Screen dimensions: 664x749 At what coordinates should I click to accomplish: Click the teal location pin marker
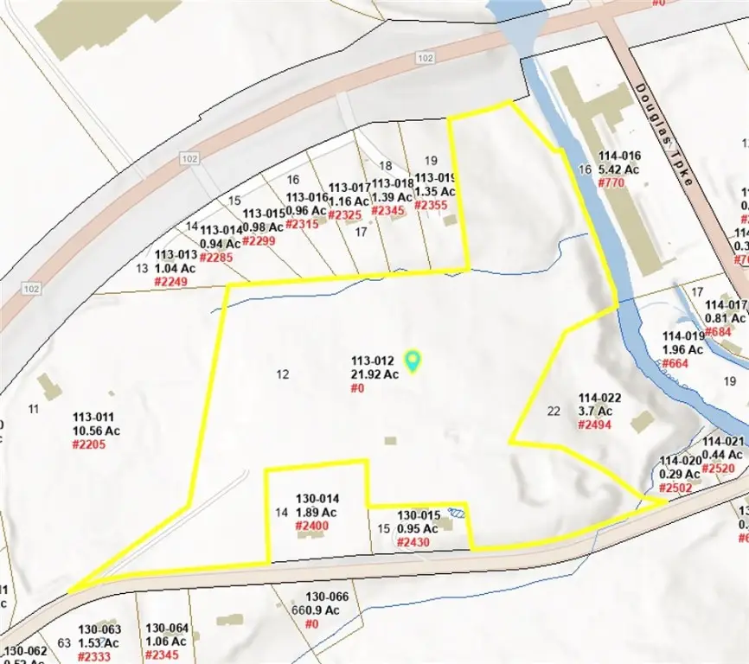(x=413, y=361)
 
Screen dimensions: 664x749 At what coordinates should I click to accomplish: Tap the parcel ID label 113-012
(x=373, y=361)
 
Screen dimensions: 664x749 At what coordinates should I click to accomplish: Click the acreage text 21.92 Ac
(x=374, y=374)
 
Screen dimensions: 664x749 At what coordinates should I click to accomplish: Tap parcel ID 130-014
(x=318, y=499)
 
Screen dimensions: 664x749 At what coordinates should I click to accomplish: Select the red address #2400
(x=313, y=526)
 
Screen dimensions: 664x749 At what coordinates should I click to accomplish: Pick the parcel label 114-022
(x=596, y=398)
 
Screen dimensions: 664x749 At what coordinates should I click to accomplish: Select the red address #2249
(x=171, y=282)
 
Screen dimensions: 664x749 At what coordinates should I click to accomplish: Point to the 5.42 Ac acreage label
(x=619, y=169)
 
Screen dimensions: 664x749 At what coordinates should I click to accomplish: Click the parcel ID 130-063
(x=100, y=629)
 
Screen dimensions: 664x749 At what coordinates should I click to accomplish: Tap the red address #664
(x=675, y=363)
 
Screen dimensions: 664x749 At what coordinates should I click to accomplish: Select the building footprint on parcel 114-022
(x=643, y=422)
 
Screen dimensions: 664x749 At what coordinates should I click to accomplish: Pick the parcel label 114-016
(x=619, y=156)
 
